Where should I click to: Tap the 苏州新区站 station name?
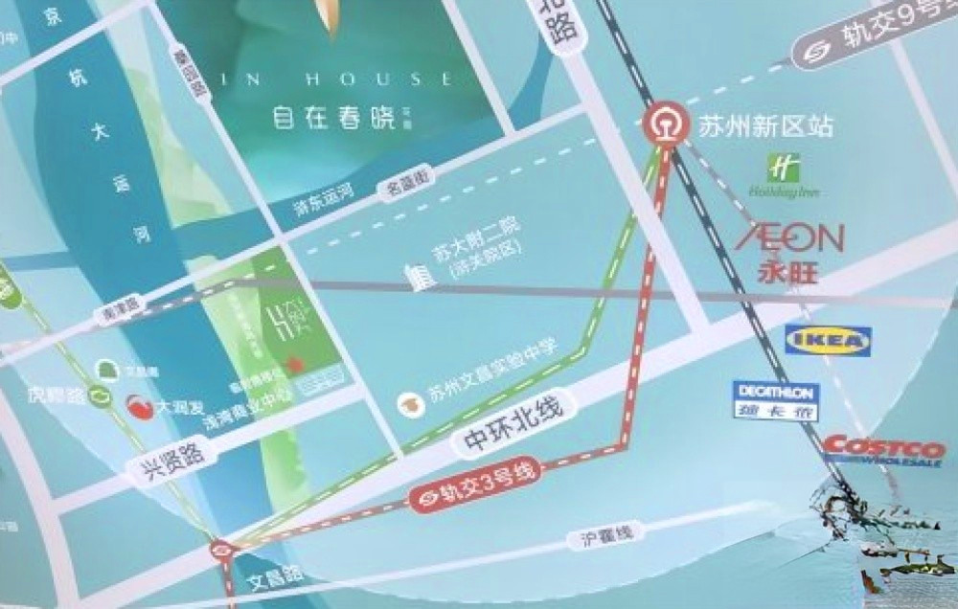pyautogui.click(x=765, y=126)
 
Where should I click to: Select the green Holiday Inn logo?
pyautogui.click(x=785, y=177)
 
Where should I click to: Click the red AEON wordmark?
pyautogui.click(x=789, y=237)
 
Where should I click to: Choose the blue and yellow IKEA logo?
pyautogui.click(x=828, y=340)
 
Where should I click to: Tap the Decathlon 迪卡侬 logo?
pyautogui.click(x=774, y=400)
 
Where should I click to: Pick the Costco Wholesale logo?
pyautogui.click(x=884, y=450)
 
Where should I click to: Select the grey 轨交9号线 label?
pyautogui.click(x=877, y=36)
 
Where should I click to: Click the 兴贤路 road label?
pyautogui.click(x=166, y=464)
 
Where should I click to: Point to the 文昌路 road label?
pyautogui.click(x=275, y=578)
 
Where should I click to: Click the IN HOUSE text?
pyautogui.click(x=333, y=79)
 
